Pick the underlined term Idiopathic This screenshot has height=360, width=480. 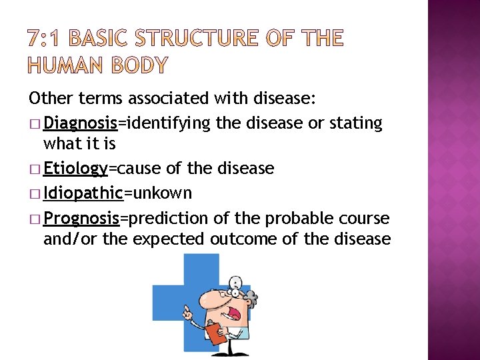click(x=83, y=193)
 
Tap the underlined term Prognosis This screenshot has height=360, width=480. click(x=81, y=218)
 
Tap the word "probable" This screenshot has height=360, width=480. click(x=297, y=218)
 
